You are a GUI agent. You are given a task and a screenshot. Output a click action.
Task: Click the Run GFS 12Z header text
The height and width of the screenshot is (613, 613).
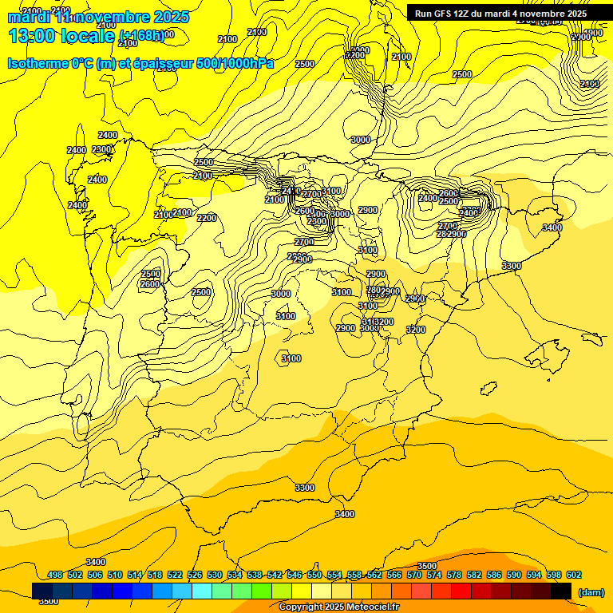pos(500,14)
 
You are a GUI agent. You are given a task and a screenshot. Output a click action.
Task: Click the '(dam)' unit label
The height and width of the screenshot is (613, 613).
pos(591,592)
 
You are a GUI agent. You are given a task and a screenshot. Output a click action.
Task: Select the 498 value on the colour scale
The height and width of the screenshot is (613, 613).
pos(55,575)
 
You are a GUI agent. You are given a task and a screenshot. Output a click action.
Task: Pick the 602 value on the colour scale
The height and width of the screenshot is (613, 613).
pos(574,575)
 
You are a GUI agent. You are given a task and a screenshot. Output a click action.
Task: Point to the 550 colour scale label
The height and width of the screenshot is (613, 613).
pos(314,575)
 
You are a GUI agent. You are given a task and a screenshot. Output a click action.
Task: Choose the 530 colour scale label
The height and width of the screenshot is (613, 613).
pos(215,575)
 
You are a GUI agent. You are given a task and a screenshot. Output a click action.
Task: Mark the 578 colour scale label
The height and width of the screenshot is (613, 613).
pos(454,575)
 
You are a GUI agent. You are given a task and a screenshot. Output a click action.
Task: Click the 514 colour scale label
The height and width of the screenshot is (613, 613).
pos(135,575)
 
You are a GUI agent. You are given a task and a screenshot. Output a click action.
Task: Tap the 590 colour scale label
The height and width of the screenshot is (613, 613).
pos(514,575)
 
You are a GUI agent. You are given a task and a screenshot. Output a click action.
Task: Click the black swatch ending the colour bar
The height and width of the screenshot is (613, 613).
pos(561,591)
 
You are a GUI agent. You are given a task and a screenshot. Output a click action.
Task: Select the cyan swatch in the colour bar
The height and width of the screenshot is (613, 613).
pos(202,591)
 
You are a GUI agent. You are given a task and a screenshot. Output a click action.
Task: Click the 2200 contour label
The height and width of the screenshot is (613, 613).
pos(207,218)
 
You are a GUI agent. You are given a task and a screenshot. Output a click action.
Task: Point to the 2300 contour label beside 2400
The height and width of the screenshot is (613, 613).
pos(101,149)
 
